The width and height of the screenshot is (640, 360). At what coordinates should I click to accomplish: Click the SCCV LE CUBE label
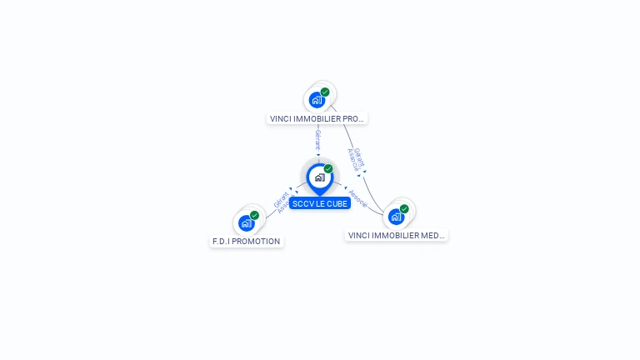(x=320, y=203)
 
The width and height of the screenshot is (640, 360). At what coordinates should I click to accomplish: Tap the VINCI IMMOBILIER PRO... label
(x=317, y=119)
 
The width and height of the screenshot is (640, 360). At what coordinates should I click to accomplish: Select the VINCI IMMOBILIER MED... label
(x=396, y=236)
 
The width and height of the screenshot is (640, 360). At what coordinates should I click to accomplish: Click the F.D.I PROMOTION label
(x=246, y=242)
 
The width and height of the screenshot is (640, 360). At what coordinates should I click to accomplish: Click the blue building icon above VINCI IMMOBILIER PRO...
(x=317, y=101)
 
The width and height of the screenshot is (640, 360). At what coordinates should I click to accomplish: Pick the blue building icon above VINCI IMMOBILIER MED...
(x=396, y=217)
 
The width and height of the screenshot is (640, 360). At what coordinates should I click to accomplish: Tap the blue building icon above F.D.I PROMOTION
(x=246, y=222)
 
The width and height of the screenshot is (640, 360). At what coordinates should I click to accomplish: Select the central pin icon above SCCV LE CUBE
(x=319, y=177)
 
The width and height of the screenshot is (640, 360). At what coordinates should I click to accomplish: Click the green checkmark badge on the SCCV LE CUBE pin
(x=328, y=169)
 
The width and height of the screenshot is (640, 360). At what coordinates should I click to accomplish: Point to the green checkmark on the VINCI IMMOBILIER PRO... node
(x=325, y=92)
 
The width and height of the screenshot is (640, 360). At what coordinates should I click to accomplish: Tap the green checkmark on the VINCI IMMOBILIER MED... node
(x=404, y=209)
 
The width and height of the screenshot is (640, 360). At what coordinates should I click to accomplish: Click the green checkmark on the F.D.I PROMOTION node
(x=254, y=215)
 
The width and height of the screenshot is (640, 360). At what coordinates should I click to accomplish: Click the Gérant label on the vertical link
(x=317, y=139)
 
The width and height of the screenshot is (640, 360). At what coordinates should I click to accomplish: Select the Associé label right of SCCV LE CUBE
(x=358, y=197)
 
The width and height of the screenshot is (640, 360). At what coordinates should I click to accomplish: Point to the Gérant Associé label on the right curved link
(x=355, y=159)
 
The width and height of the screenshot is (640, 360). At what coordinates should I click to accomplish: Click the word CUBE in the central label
(x=336, y=203)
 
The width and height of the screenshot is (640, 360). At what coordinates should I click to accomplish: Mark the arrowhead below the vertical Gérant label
(x=317, y=155)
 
